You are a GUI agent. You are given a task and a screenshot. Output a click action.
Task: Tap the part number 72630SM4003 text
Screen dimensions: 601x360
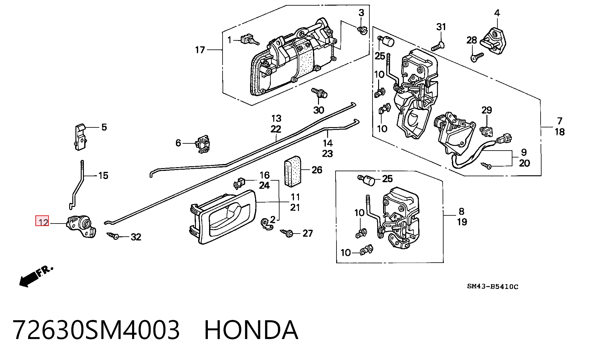tap(96, 330)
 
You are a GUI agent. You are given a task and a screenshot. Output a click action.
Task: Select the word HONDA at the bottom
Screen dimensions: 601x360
tap(251, 330)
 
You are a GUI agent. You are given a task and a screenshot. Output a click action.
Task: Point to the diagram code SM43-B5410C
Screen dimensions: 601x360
tap(492, 286)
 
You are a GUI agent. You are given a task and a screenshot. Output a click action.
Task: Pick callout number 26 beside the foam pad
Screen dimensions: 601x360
tap(317, 170)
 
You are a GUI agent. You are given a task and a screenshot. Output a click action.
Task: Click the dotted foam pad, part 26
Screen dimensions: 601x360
tap(292, 172)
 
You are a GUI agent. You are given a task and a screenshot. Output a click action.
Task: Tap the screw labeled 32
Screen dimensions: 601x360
tap(113, 235)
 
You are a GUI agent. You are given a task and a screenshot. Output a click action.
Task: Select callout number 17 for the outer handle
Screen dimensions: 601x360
tap(200, 50)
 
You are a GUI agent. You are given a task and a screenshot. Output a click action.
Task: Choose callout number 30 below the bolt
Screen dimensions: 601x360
tap(319, 110)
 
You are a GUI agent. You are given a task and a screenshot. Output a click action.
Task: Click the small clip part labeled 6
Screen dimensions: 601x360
tap(203, 144)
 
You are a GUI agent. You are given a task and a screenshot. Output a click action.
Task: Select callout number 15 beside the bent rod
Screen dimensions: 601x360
tap(103, 176)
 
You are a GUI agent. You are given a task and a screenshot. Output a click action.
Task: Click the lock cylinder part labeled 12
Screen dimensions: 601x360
tap(81, 226)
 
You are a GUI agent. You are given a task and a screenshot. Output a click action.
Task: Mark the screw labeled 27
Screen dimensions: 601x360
tap(286, 233)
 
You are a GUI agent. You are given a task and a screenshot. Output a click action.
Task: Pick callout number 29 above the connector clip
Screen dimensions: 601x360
tap(487, 110)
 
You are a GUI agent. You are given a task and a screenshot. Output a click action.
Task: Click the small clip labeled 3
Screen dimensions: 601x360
tap(362, 30)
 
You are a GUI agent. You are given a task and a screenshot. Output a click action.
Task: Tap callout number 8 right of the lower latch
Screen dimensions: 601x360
tap(461, 211)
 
